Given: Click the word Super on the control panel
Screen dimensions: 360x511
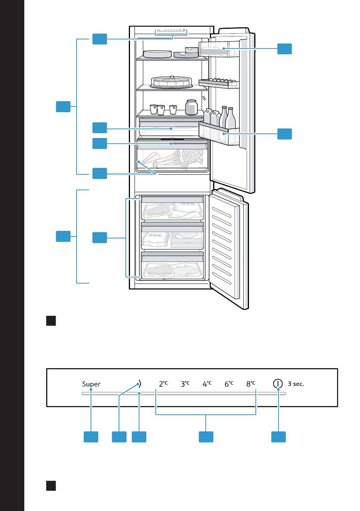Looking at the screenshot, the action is (x=91, y=384).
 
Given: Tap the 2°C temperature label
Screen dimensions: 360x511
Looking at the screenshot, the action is (x=163, y=384).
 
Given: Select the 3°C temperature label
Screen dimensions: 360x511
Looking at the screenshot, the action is (x=185, y=384).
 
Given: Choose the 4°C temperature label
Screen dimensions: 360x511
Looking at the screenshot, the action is (x=207, y=384).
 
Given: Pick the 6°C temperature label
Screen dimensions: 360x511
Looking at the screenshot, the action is (x=229, y=384).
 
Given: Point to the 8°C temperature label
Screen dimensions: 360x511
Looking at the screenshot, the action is (x=250, y=384).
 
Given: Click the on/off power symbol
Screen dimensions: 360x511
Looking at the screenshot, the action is (x=278, y=384).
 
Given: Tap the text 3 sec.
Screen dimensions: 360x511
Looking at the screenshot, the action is (x=296, y=384).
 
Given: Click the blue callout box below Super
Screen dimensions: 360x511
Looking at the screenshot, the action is (x=91, y=437).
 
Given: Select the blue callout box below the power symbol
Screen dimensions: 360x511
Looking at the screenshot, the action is (x=279, y=437).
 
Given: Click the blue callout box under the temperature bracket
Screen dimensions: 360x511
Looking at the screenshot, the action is (x=206, y=437).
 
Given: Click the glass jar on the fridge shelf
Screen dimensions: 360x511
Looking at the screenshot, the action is (x=191, y=107).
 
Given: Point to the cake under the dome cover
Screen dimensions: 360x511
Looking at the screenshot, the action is (x=171, y=82).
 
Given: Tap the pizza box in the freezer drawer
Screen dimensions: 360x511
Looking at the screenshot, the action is (x=187, y=239).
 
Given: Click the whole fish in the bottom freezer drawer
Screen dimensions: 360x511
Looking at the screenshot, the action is (x=185, y=270).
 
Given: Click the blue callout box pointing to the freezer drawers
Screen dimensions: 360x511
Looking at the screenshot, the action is (x=100, y=237).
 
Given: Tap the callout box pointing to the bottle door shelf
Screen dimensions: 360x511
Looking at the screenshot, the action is (x=284, y=134).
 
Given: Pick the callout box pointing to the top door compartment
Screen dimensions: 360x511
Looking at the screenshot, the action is (x=284, y=49).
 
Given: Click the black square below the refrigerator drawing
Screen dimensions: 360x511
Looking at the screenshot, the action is (x=51, y=321).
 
